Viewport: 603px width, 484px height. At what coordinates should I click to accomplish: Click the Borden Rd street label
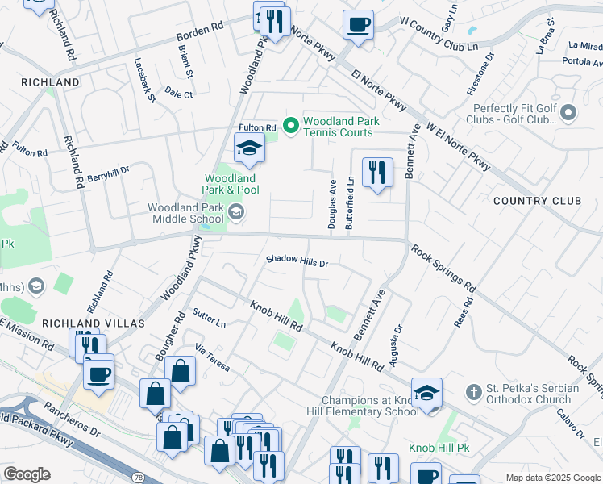[200, 33]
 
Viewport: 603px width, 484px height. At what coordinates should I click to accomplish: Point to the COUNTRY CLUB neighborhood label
[537, 201]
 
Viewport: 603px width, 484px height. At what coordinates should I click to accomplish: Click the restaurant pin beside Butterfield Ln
[377, 173]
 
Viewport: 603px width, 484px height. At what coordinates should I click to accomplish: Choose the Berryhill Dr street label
[108, 173]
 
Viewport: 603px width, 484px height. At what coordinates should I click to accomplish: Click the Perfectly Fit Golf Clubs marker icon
[569, 113]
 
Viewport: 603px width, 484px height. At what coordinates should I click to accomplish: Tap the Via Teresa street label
[213, 358]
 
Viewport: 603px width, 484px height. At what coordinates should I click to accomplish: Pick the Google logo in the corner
[27, 474]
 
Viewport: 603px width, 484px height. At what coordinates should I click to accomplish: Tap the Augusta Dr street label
[396, 346]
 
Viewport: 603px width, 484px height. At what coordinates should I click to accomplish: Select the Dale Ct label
[178, 94]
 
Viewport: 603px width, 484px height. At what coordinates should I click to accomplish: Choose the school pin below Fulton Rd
[249, 148]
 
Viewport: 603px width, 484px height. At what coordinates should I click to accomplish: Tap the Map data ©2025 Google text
[553, 478]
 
